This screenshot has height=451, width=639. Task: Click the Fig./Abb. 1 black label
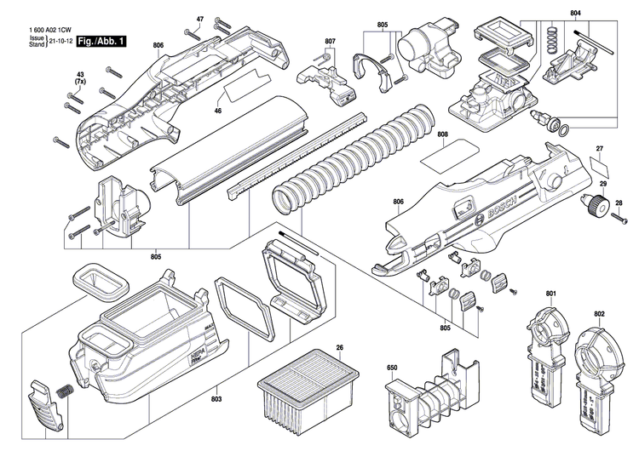pos(100,41)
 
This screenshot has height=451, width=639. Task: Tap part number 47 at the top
pos(200,19)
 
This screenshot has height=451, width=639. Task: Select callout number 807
pos(330,41)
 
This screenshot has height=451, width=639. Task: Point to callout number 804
pos(576,13)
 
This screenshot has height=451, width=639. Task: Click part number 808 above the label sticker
pos(443,134)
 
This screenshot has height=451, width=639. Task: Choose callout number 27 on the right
pos(600,149)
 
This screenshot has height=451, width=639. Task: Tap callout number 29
pos(602,185)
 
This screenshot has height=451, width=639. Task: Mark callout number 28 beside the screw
pos(619,203)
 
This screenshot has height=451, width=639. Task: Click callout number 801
pos(551,294)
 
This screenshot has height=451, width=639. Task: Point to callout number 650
pos(393,368)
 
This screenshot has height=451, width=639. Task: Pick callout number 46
pos(217,111)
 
